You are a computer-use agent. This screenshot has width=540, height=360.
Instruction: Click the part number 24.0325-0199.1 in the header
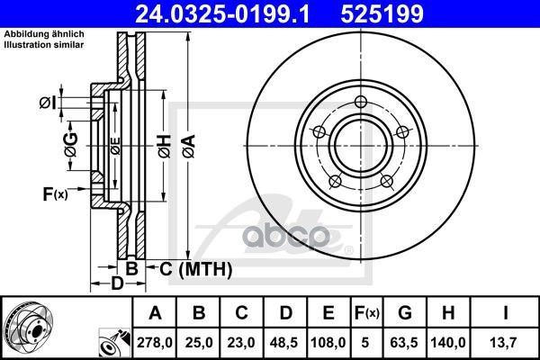coord(222,13)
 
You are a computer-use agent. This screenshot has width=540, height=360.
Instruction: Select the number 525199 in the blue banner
coord(382,13)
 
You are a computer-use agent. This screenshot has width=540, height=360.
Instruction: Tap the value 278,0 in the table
coord(155,342)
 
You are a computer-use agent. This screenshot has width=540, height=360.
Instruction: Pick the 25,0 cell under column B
coord(199,342)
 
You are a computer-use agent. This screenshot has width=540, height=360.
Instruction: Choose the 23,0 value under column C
coord(241,342)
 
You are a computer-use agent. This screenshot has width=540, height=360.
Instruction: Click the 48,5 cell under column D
coord(284,342)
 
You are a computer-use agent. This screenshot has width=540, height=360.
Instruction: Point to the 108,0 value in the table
coord(328,342)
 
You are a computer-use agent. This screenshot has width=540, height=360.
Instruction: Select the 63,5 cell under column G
coord(404,342)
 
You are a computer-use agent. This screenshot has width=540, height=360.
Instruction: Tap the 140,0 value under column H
coord(448,342)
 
